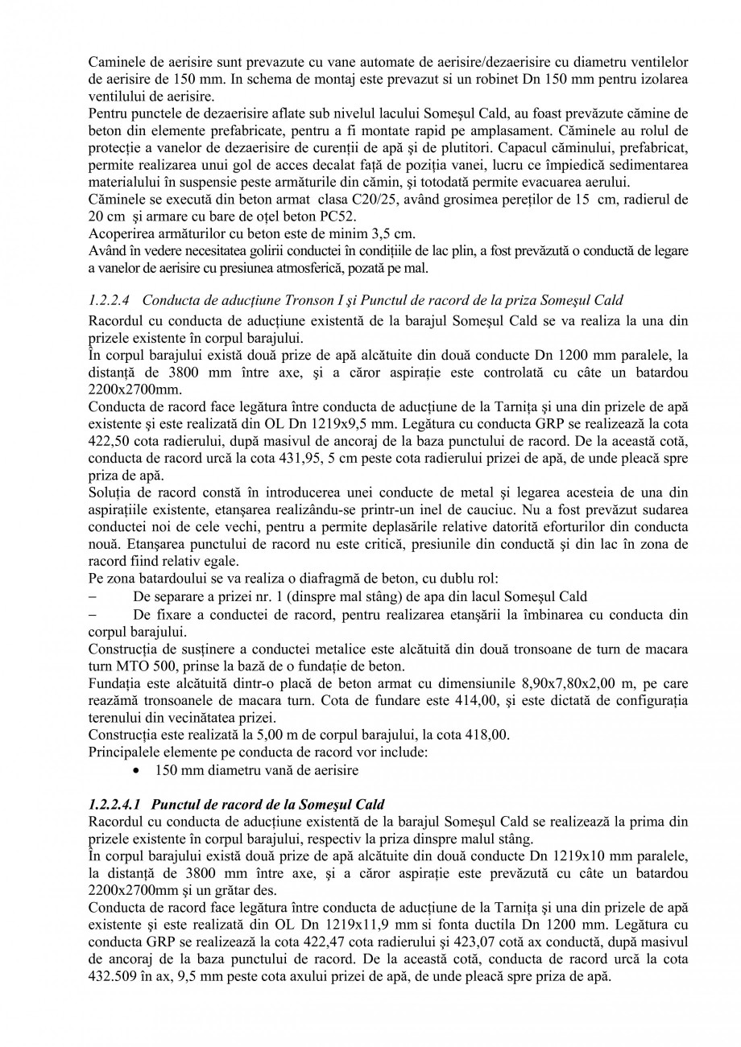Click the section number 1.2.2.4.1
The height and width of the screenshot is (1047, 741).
tap(114, 804)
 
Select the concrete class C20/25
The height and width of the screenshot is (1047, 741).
tap(359, 200)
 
